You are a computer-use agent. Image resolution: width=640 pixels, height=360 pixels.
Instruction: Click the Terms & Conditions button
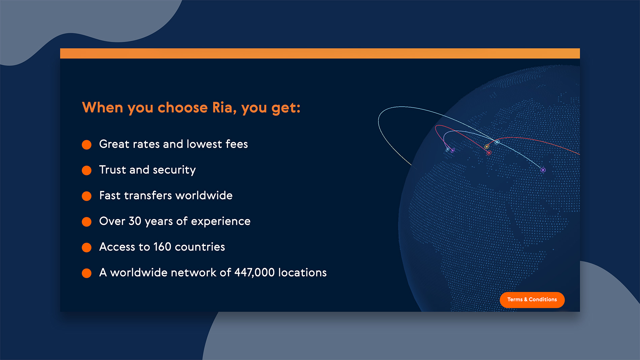(x=532, y=300)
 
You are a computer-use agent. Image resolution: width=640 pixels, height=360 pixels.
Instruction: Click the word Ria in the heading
(x=222, y=107)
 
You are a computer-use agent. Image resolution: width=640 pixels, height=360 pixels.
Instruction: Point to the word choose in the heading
(x=183, y=107)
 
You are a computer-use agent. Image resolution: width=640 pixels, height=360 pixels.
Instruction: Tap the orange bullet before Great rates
(x=87, y=145)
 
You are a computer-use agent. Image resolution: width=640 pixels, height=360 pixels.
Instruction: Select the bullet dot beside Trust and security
(x=87, y=170)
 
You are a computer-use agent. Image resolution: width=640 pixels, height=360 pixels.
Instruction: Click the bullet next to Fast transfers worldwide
(x=87, y=196)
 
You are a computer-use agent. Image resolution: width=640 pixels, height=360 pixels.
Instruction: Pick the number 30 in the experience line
(x=135, y=221)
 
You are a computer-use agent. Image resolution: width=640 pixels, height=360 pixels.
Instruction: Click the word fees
(x=236, y=144)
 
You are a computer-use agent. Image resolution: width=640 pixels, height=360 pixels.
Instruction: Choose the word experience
(x=221, y=222)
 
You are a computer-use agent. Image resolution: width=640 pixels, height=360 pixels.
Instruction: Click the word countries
(x=200, y=247)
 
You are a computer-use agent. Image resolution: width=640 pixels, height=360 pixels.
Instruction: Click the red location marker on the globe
(x=489, y=153)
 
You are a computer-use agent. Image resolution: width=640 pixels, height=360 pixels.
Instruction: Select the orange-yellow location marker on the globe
(x=487, y=146)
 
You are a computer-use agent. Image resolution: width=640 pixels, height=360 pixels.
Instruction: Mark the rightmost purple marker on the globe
(x=543, y=170)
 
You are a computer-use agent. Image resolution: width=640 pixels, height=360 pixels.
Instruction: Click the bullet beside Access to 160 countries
(x=87, y=248)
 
